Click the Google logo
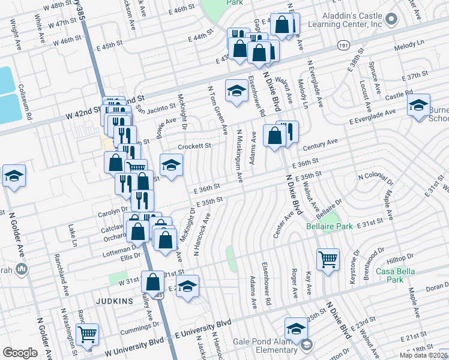click(x=20, y=353)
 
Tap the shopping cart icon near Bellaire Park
click(x=328, y=260)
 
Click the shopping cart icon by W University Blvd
click(x=88, y=334)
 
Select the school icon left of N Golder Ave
click(x=13, y=176)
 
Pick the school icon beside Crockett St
click(x=171, y=165)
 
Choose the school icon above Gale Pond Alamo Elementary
click(x=296, y=328)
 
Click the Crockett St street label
click(x=194, y=146)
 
